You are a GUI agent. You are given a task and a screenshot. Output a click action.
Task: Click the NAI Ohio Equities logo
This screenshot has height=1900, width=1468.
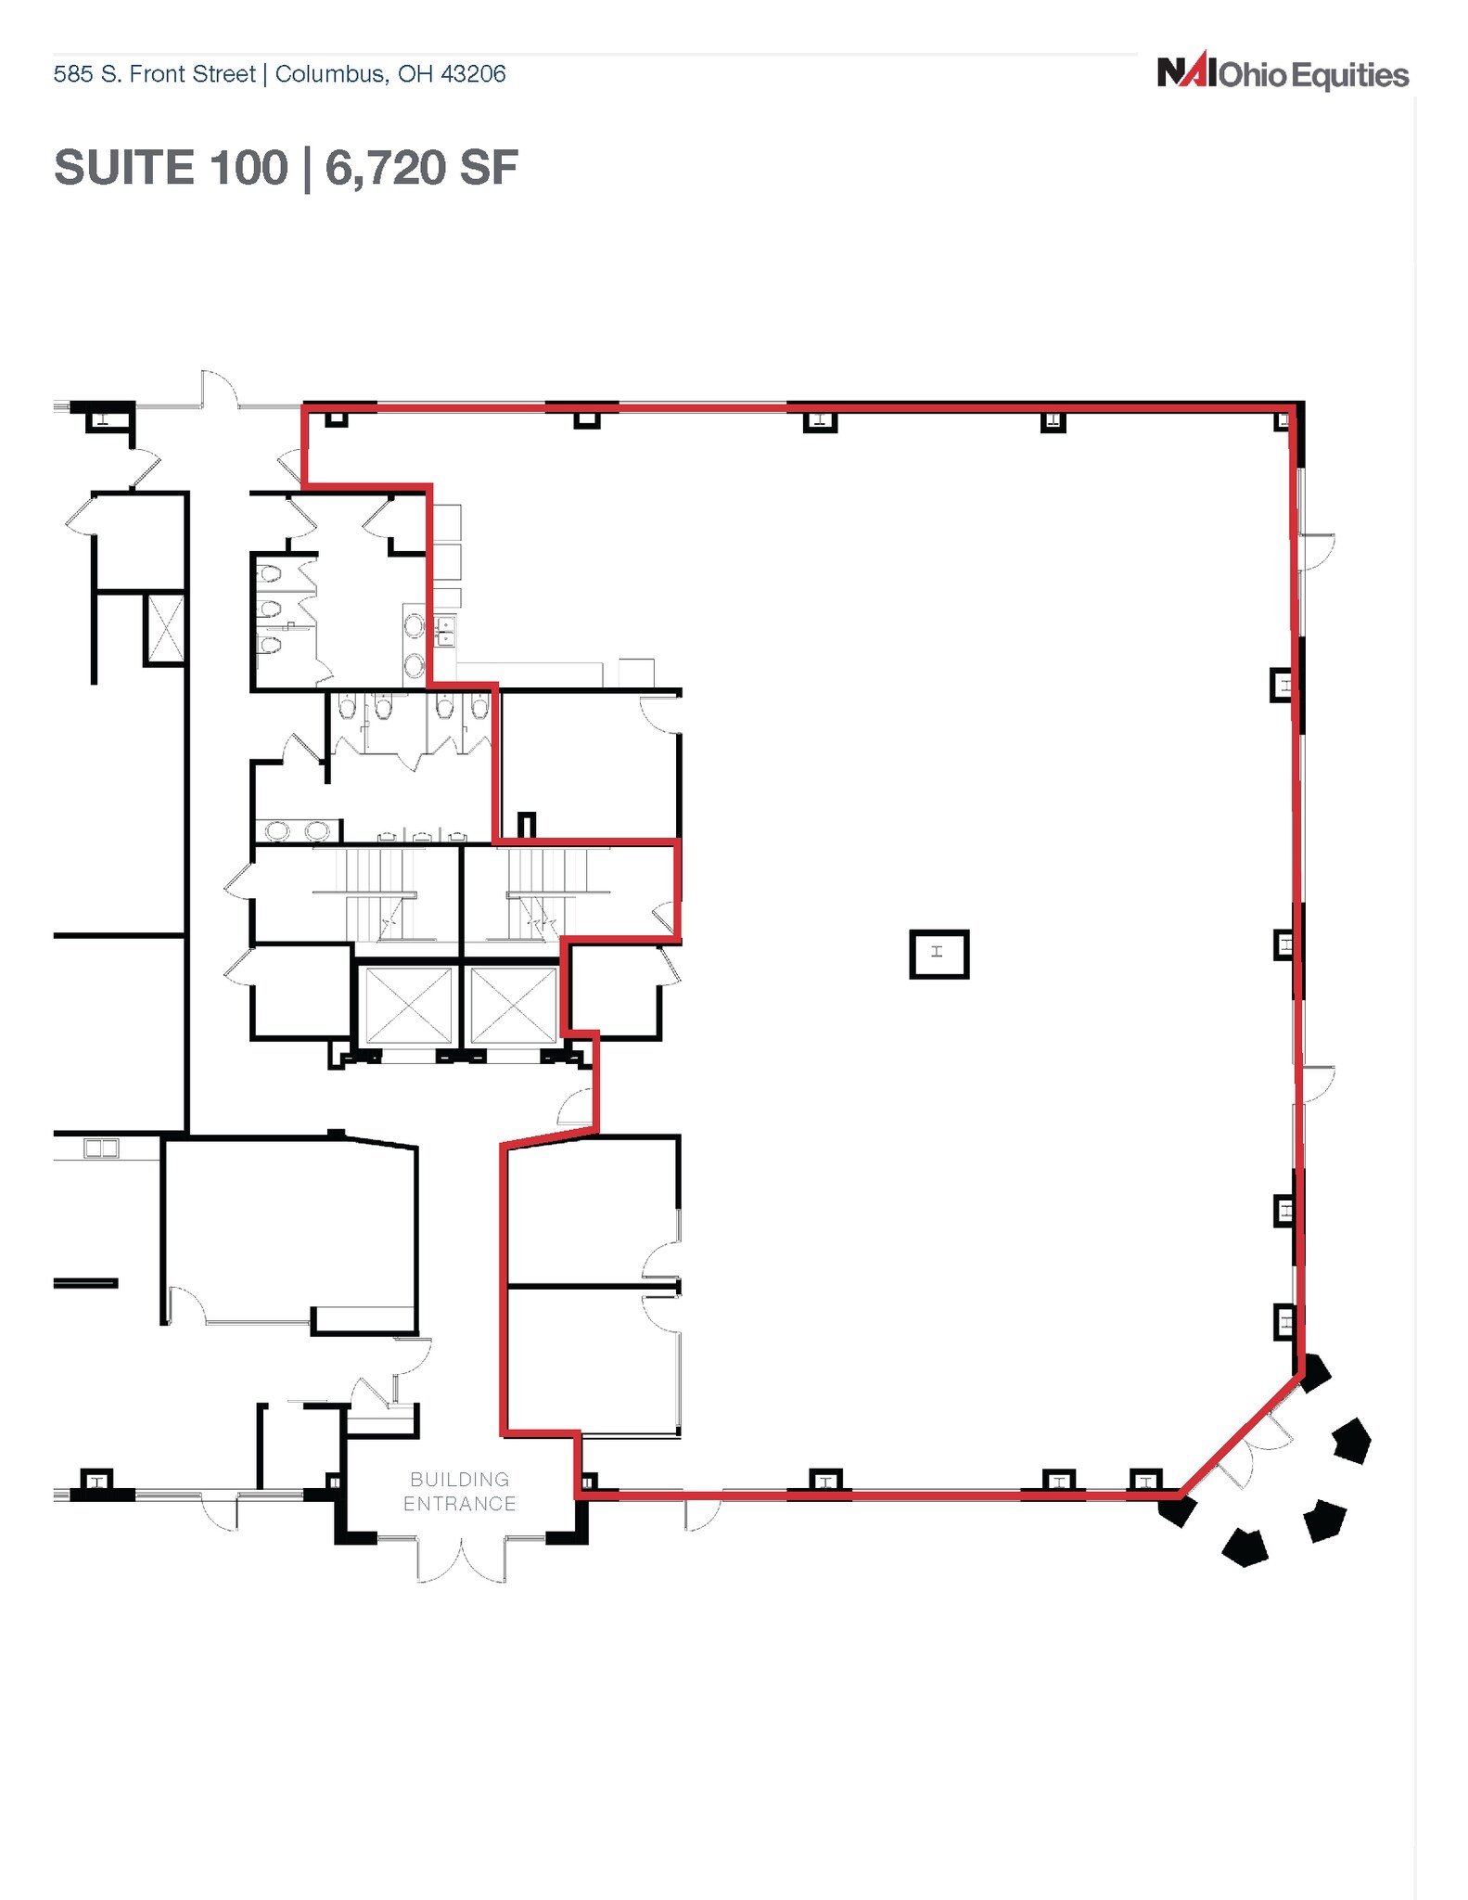click(x=1283, y=73)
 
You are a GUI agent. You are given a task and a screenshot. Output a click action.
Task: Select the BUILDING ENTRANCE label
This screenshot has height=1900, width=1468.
click(x=460, y=1491)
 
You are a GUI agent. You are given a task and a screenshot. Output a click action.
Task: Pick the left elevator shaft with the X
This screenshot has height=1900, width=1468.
click(x=409, y=1005)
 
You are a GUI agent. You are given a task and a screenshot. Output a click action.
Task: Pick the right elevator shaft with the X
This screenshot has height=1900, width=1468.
click(x=513, y=1005)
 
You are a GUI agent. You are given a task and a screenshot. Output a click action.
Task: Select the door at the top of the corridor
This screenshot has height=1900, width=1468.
click(x=220, y=389)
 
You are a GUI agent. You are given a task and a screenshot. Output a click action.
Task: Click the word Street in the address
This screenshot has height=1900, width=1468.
click(x=224, y=74)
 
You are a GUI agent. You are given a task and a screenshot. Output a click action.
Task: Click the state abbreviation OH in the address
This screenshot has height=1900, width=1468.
click(x=415, y=74)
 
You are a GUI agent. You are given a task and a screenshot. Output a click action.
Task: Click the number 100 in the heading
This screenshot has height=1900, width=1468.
click(x=249, y=168)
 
